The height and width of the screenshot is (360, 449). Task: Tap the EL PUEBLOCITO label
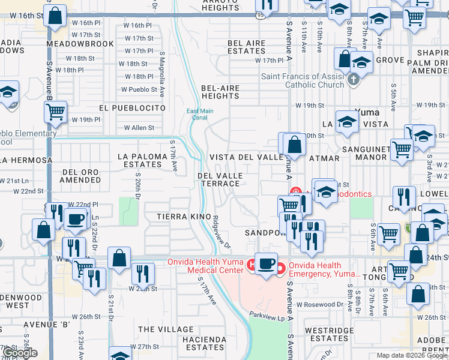coord(132,107)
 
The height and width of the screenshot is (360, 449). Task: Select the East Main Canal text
coord(200,114)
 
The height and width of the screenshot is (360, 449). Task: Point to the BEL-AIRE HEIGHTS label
coord(220,92)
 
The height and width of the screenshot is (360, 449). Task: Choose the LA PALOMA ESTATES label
coord(139,160)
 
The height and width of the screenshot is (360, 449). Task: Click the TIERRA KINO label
coord(183,215)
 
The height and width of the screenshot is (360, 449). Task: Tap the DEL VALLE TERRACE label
coord(220,179)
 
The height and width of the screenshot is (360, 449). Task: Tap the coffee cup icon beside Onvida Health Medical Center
coord(266,263)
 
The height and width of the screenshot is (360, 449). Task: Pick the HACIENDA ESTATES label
coord(203,343)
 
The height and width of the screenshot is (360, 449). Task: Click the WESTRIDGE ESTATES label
coord(329,334)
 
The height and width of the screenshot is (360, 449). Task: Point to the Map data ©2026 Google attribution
coord(412,355)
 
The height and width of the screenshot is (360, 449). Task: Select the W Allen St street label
coord(139,128)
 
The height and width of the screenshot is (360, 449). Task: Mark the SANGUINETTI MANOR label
coord(364,152)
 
